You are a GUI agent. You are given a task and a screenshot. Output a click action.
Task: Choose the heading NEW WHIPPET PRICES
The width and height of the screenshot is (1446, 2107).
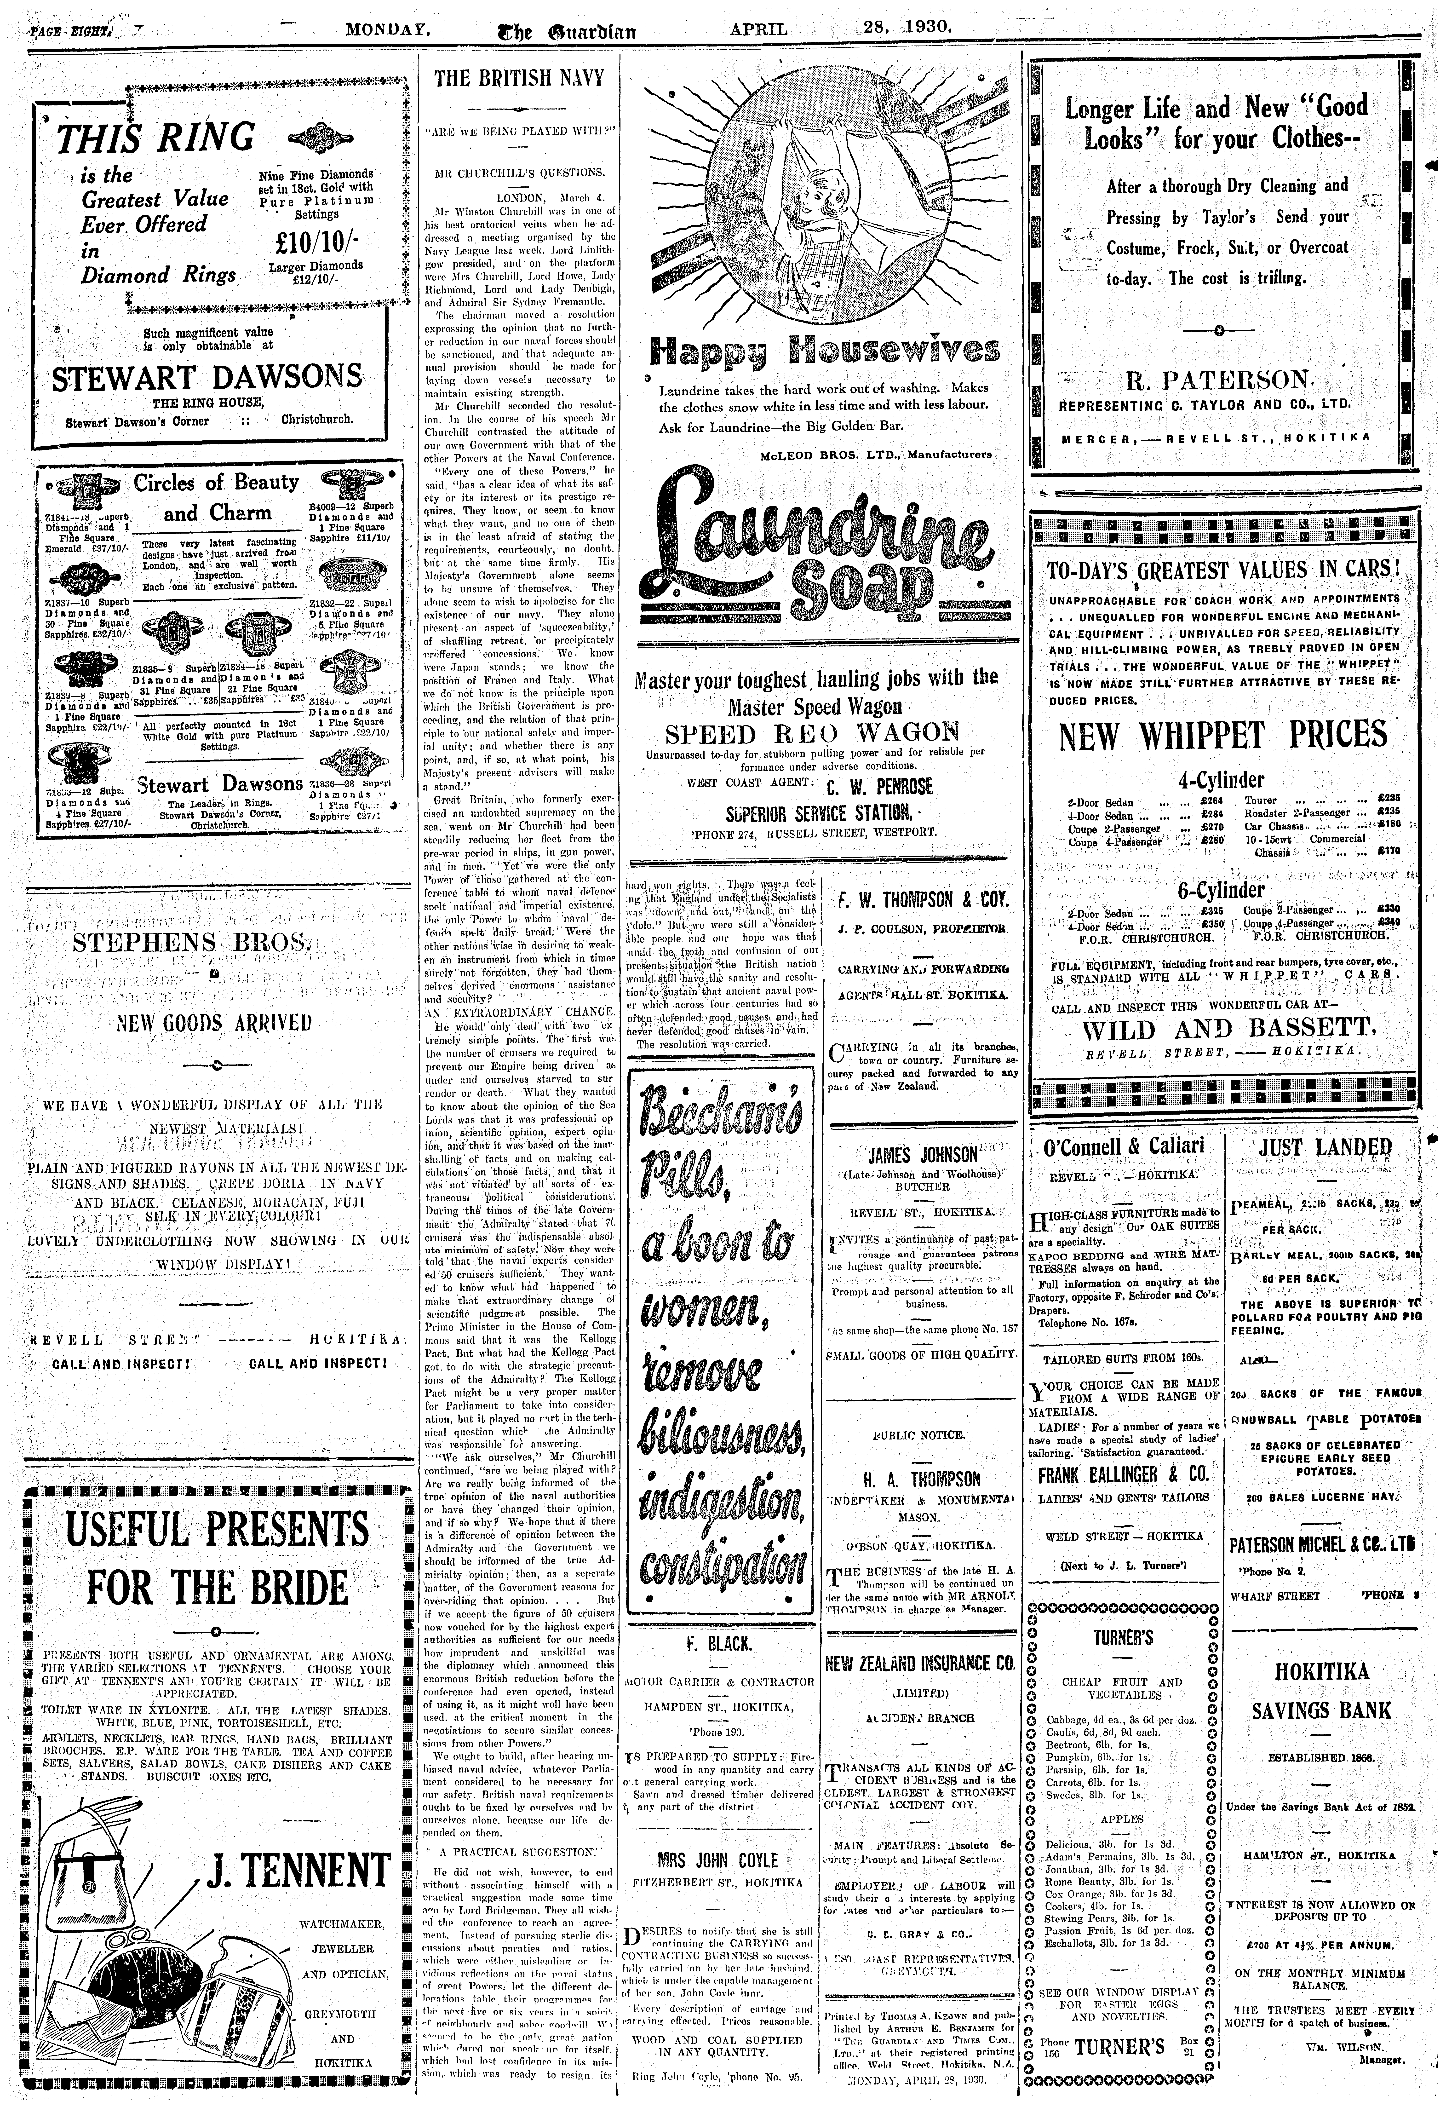tap(1223, 735)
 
